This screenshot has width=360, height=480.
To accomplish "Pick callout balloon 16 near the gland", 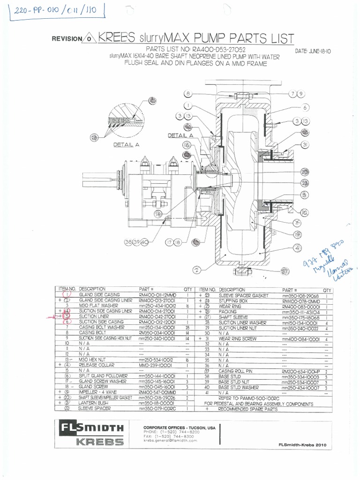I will pos(186,145).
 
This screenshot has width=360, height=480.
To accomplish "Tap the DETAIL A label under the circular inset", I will pos(127,145).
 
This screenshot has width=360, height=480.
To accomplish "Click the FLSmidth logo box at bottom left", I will pos(90,434).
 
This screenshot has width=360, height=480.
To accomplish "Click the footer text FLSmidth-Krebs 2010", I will pos(301,444).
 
